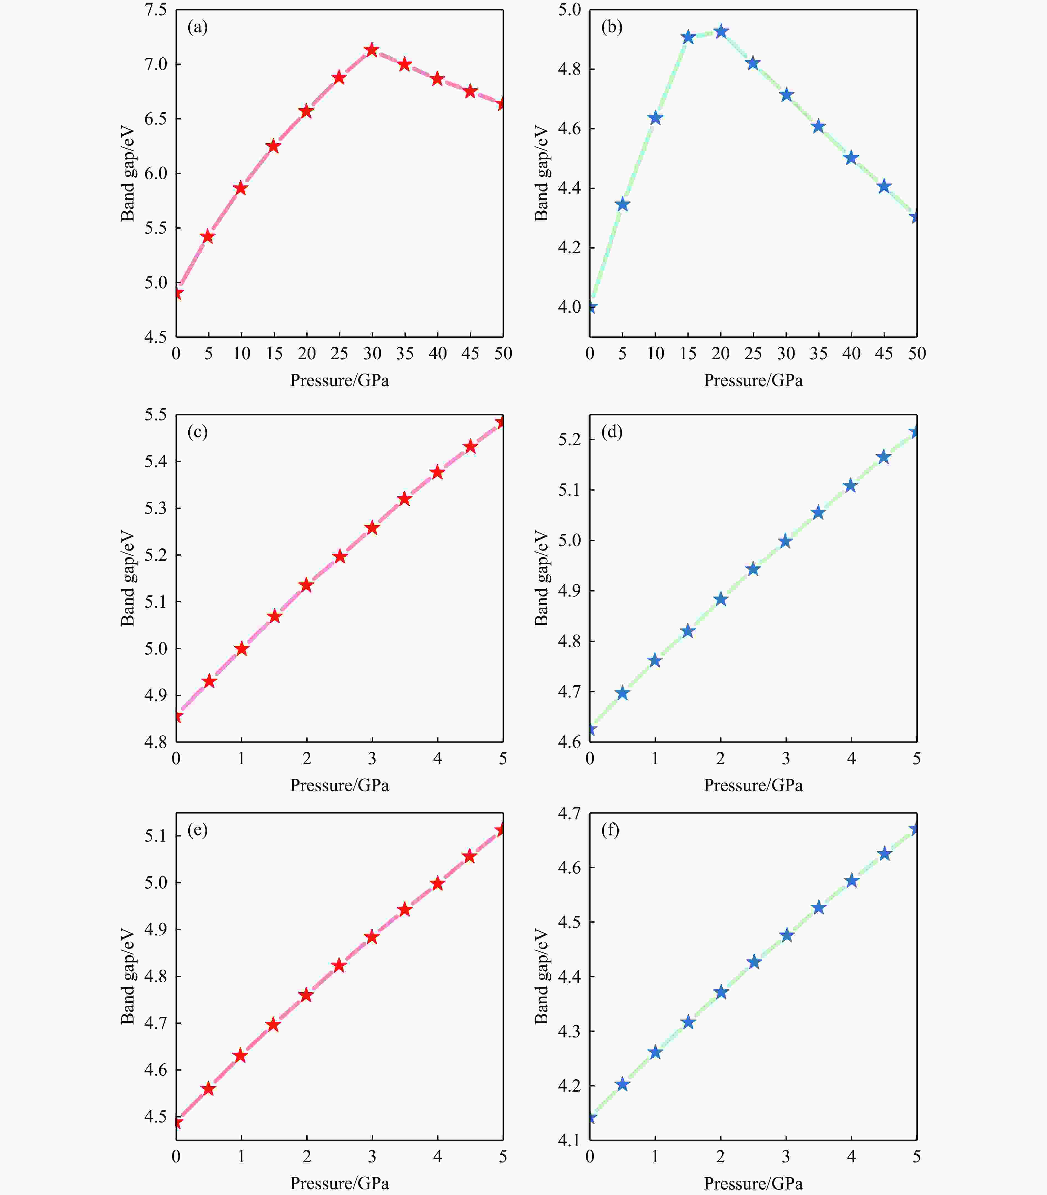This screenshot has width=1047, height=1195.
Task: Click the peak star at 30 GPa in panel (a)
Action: (x=372, y=50)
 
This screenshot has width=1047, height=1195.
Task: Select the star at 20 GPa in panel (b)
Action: (x=721, y=32)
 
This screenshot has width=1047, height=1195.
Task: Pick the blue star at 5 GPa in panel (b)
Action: (x=622, y=204)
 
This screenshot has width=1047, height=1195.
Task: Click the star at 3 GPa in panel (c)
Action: (x=372, y=528)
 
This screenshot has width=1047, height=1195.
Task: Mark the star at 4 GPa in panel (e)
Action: (x=437, y=883)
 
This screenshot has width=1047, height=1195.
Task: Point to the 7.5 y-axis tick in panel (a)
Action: (x=155, y=10)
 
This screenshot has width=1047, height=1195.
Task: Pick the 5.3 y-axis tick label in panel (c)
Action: (x=155, y=508)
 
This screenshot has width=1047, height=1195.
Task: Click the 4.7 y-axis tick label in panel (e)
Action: (x=155, y=1023)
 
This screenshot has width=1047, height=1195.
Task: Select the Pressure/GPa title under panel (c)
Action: (x=340, y=785)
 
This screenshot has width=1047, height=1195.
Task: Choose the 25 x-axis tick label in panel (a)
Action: (x=339, y=353)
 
